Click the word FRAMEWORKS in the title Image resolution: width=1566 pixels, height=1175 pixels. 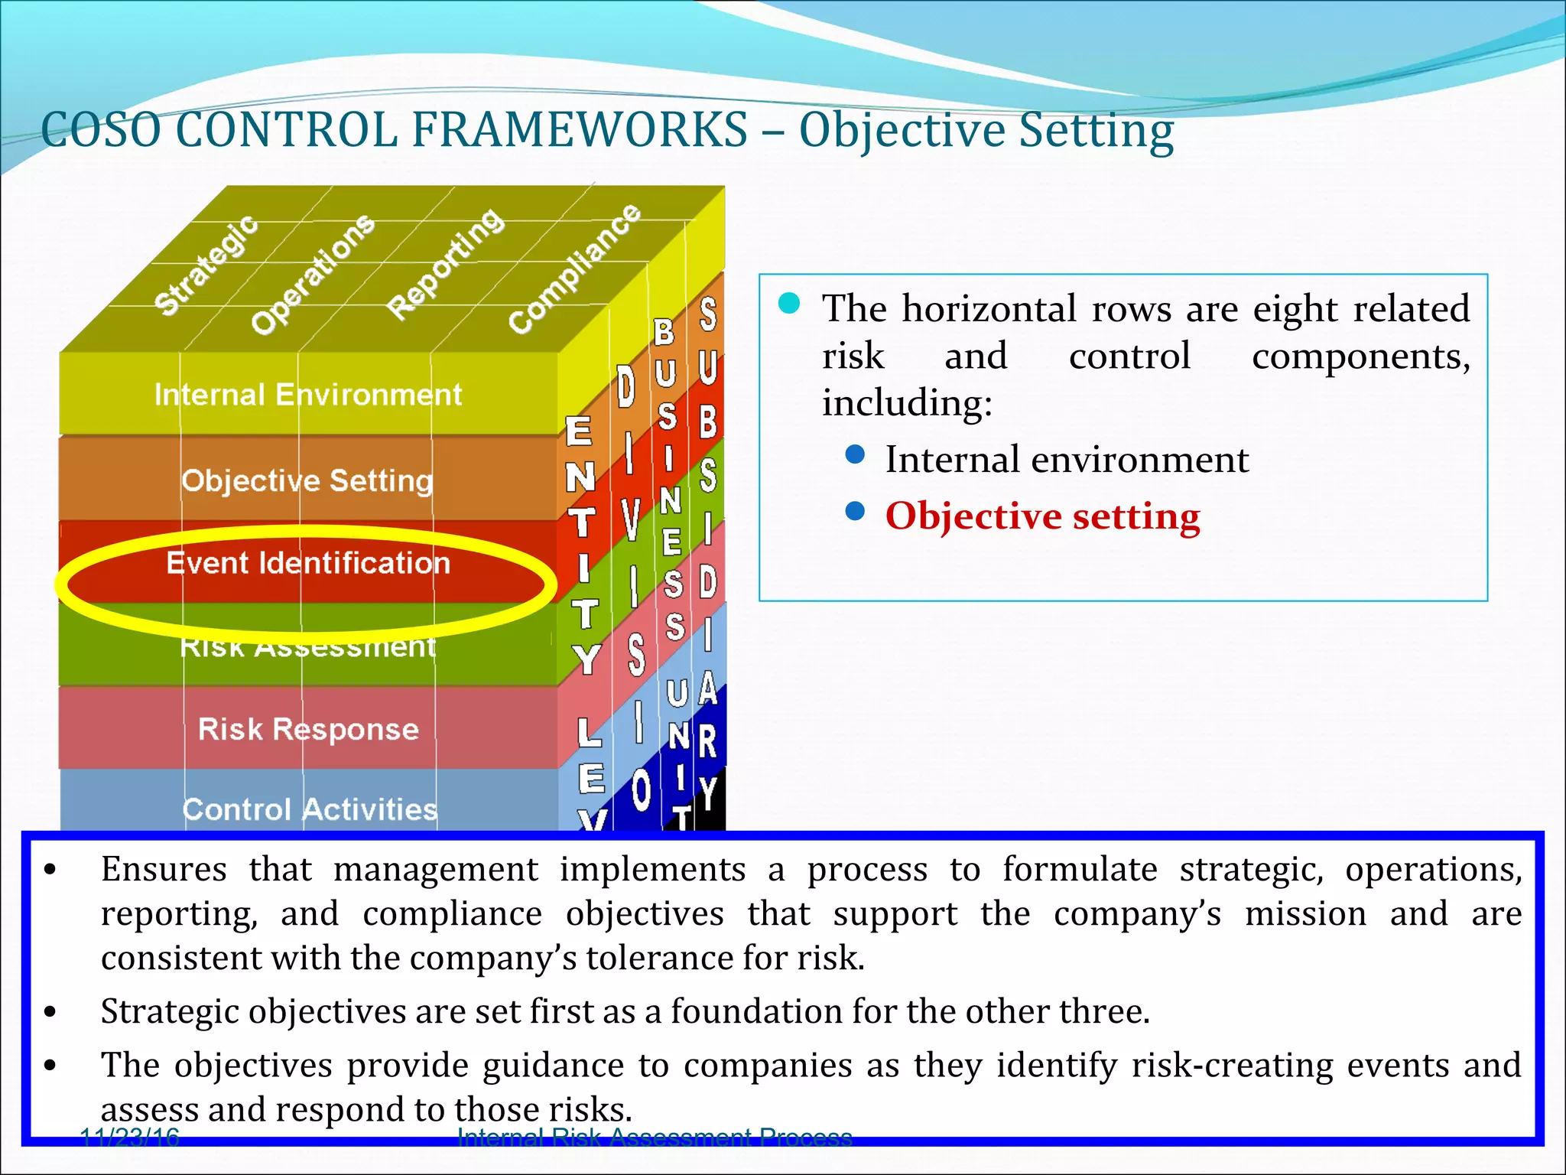pyautogui.click(x=579, y=129)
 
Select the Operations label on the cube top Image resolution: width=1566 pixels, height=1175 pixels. pyautogui.click(x=313, y=274)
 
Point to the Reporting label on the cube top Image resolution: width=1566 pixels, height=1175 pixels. pyautogui.click(x=446, y=263)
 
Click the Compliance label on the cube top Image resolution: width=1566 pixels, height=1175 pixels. pyautogui.click(x=574, y=269)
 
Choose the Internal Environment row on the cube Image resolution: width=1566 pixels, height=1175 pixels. pyautogui.click(x=308, y=395)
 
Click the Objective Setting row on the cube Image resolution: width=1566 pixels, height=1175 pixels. pyautogui.click(x=307, y=480)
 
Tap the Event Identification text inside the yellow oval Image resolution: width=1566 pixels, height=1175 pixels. pyautogui.click(x=308, y=563)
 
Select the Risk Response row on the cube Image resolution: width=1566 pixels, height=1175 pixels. pyautogui.click(x=308, y=728)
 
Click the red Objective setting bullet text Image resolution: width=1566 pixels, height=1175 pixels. pyautogui.click(x=1042, y=516)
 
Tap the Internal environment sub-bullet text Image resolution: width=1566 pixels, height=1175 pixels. pyautogui.click(x=1067, y=460)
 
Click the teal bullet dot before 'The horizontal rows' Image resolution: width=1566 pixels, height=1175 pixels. pyautogui.click(x=788, y=304)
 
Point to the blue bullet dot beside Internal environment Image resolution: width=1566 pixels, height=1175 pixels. pyautogui.click(x=856, y=455)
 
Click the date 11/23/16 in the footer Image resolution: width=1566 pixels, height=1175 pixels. pyautogui.click(x=129, y=1138)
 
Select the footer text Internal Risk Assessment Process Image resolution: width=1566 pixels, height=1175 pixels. pyautogui.click(x=655, y=1138)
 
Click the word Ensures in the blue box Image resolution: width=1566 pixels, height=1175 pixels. pyautogui.click(x=164, y=870)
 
